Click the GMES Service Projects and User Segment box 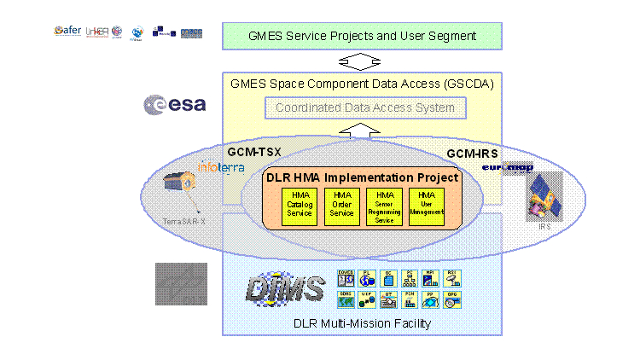pos(361,37)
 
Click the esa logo pos(175,104)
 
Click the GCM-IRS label pos(473,154)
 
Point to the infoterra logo pos(221,167)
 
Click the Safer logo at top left pos(67,32)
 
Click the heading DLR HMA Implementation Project pos(361,177)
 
